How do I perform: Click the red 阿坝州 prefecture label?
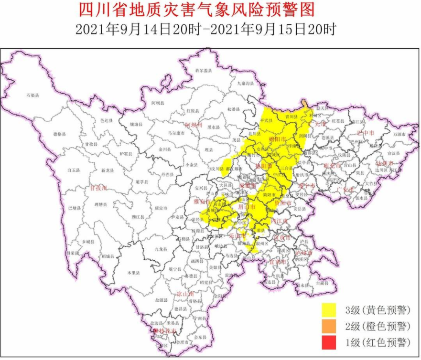(x=194, y=125)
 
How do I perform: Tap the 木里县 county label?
(x=132, y=273)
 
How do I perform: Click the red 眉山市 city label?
(x=246, y=207)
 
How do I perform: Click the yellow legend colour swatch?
(x=330, y=310)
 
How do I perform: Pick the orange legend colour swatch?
(x=330, y=326)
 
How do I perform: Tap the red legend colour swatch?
(x=330, y=342)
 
